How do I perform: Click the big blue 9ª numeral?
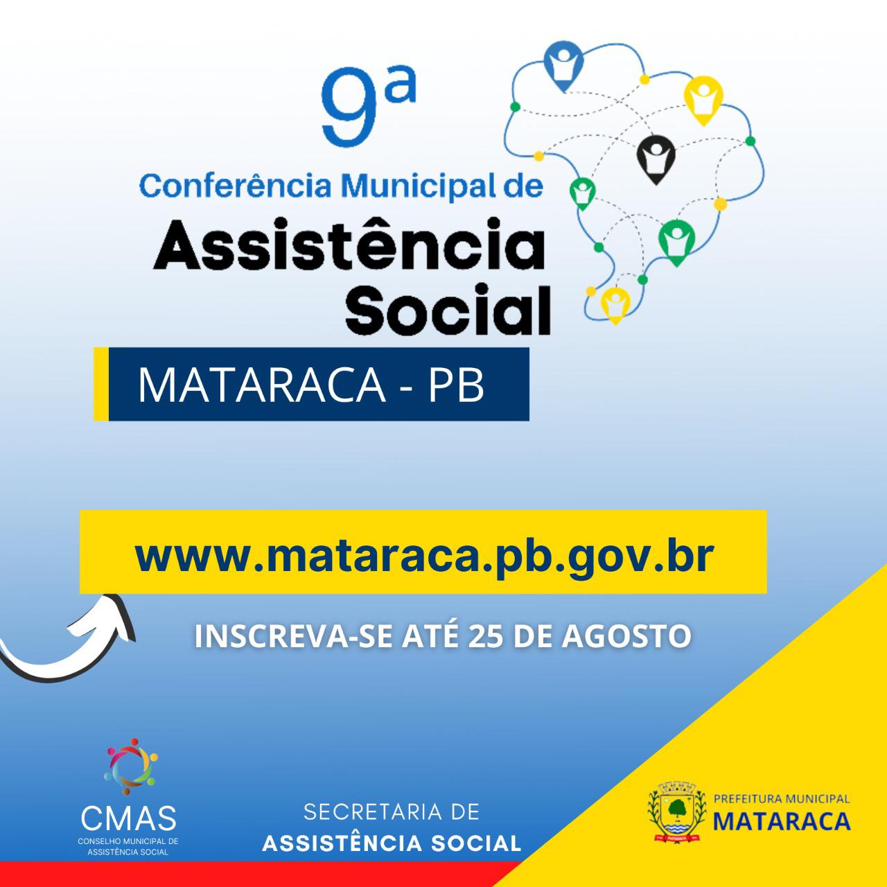(368, 107)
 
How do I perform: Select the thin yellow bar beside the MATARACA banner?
(100, 384)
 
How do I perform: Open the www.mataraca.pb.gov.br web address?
(423, 556)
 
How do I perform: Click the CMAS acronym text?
(128, 817)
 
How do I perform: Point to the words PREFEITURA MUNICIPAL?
(782, 798)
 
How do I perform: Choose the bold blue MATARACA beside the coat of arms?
(782, 821)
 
